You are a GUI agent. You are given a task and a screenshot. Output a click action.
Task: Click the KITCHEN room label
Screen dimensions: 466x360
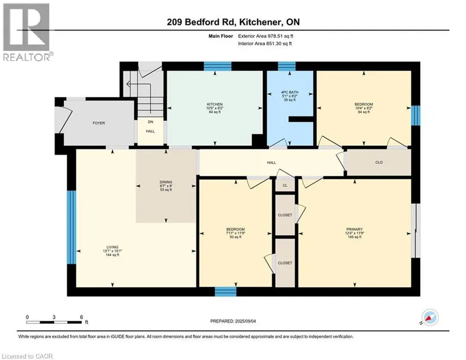click(x=215, y=105)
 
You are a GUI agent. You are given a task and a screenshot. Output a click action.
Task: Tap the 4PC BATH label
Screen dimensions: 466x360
click(x=290, y=92)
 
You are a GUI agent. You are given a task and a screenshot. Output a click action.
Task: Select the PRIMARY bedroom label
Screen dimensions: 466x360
click(x=354, y=229)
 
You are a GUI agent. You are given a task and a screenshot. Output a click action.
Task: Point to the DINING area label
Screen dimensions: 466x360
click(x=166, y=182)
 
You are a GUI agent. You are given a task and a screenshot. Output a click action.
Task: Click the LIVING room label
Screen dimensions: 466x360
click(x=112, y=247)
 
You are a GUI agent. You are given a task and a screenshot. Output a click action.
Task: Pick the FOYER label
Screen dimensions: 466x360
click(x=99, y=123)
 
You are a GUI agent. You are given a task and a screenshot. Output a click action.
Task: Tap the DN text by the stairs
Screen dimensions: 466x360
click(x=150, y=122)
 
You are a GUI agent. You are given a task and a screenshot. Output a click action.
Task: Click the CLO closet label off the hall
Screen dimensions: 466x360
click(x=379, y=162)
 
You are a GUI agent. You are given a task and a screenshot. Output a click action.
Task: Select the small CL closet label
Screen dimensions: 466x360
click(x=285, y=185)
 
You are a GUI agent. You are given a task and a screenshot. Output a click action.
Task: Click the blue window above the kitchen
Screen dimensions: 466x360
click(x=217, y=66)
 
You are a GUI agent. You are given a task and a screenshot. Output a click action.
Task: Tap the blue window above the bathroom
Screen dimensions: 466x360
click(x=287, y=66)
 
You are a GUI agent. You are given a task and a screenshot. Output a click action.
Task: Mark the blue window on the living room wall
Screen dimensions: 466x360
click(x=71, y=227)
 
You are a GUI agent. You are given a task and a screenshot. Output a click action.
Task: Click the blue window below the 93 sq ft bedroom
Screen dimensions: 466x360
click(x=225, y=292)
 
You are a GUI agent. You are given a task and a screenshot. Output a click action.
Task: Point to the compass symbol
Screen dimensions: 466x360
click(x=430, y=318)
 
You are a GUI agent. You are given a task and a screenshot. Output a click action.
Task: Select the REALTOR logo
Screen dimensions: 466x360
click(x=28, y=32)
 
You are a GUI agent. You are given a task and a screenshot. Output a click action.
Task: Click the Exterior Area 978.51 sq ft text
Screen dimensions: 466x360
click(x=265, y=36)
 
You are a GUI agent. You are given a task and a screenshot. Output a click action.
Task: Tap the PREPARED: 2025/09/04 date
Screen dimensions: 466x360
click(x=233, y=321)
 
